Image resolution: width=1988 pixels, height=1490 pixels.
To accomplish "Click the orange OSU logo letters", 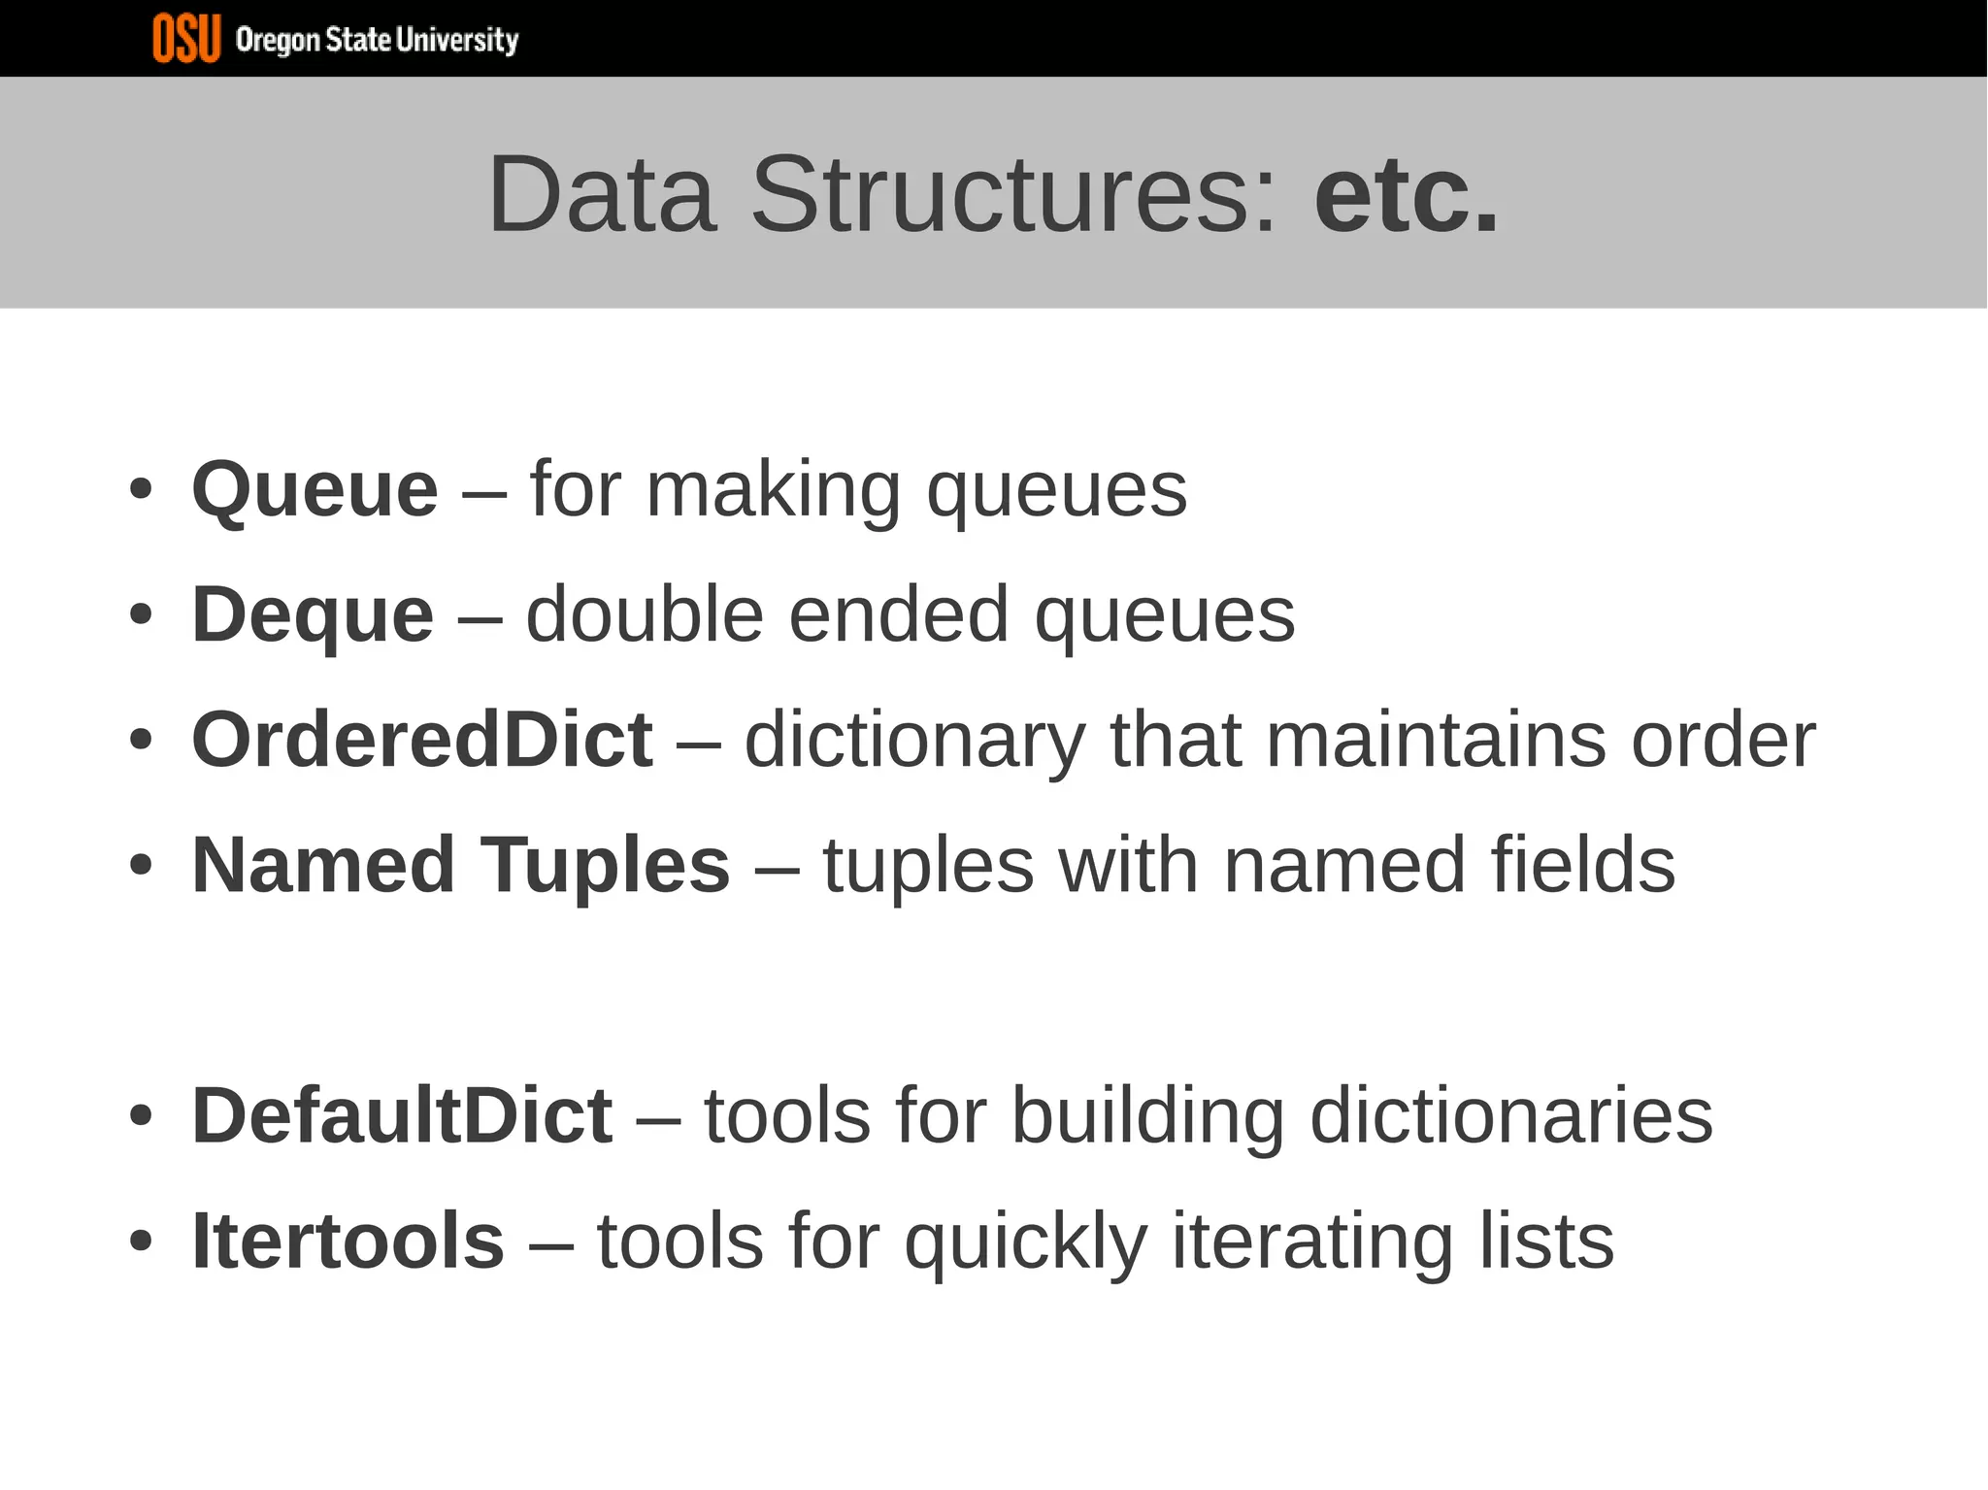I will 186,39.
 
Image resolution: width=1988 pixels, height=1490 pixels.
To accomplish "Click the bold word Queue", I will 315,490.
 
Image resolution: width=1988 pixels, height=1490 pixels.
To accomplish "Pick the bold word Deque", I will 312,615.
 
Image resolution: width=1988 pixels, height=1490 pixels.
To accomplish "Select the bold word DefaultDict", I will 402,1116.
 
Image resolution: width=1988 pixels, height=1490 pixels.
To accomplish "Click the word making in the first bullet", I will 774,490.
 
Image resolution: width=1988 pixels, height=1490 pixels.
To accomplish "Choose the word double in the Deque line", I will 645,615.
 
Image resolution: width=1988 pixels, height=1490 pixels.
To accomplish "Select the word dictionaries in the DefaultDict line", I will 1511,1116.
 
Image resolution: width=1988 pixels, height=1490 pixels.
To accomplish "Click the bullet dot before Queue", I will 141,490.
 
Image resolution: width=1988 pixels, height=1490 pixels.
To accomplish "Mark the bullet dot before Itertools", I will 141,1242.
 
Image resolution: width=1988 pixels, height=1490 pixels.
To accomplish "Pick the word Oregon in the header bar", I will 278,41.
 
